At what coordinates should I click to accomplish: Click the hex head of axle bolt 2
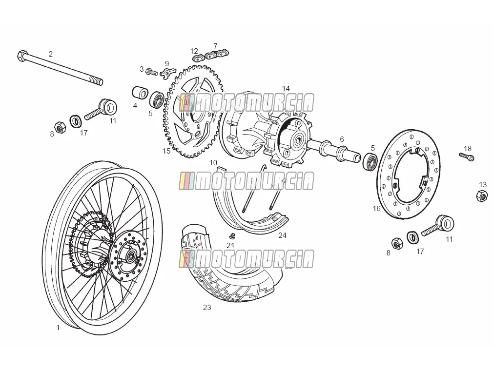click(x=22, y=56)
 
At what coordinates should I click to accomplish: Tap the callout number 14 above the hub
click(x=286, y=88)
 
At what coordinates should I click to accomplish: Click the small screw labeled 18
click(x=467, y=156)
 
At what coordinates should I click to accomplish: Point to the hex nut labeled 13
click(x=482, y=195)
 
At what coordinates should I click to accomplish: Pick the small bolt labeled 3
click(x=152, y=72)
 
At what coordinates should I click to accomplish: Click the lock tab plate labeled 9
click(x=166, y=74)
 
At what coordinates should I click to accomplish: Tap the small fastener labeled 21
click(x=232, y=236)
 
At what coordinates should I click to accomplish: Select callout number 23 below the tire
click(x=206, y=308)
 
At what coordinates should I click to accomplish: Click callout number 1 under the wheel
click(x=58, y=328)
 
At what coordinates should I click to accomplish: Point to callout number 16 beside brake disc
click(x=376, y=208)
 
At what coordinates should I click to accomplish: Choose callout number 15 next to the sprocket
click(x=166, y=151)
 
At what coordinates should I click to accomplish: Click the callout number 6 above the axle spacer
click(x=342, y=139)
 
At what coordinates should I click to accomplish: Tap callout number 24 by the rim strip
click(x=282, y=235)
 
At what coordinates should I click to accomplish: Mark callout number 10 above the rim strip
click(x=213, y=163)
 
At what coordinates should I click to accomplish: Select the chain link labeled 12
click(x=198, y=58)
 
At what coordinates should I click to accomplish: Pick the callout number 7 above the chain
click(x=215, y=46)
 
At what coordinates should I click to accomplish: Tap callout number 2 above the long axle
click(x=50, y=54)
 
